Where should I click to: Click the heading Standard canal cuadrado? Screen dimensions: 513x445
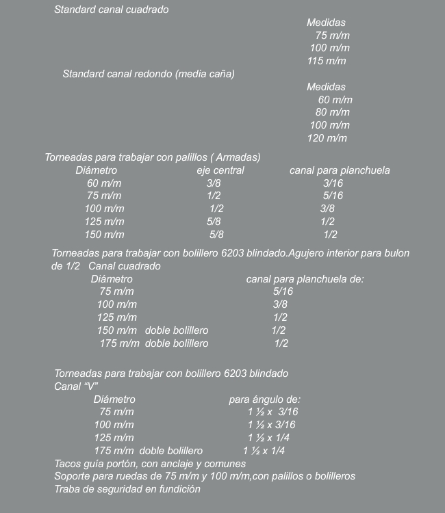tap(111, 10)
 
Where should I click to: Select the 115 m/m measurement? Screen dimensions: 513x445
tap(326, 62)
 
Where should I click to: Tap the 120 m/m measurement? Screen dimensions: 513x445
tap(327, 139)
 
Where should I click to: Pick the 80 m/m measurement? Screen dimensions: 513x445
tap(332, 112)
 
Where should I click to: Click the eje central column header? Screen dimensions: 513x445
tap(220, 170)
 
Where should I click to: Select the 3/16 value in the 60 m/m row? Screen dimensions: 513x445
tap(333, 183)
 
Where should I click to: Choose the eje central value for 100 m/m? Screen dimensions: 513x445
tap(216, 209)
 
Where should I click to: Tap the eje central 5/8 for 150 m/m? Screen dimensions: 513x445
tap(216, 235)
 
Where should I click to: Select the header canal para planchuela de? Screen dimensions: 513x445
tap(305, 279)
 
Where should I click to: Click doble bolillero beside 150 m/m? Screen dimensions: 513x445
tap(177, 330)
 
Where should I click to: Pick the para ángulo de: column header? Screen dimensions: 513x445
tap(264, 399)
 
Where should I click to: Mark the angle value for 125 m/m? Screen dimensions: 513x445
tap(268, 438)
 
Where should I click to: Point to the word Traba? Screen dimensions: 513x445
tap(68, 489)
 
